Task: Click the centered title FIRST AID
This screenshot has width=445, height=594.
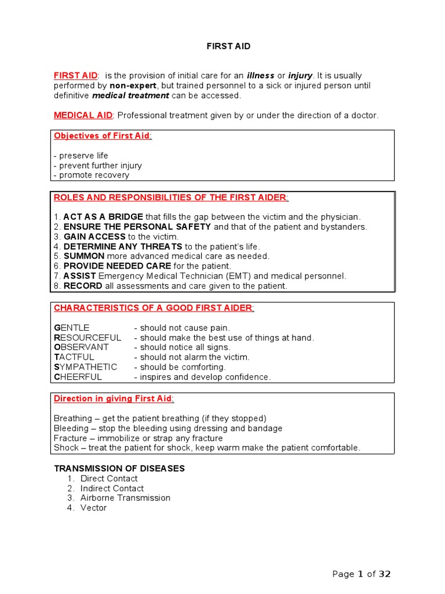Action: coord(228,46)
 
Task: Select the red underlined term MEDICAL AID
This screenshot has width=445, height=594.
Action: coord(83,115)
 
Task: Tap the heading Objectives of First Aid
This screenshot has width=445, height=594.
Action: coord(102,136)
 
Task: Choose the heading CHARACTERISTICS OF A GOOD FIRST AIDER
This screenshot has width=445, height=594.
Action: coord(154,308)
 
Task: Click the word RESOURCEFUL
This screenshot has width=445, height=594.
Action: coord(87,338)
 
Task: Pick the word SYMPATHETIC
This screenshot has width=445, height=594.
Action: coord(85,367)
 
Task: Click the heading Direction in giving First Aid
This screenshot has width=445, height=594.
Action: coord(113,399)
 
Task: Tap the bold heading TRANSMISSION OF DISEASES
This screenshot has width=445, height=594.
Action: coord(119,468)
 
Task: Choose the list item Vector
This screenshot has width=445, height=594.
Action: coord(93,508)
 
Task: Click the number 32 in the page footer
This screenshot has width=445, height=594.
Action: coord(385,574)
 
